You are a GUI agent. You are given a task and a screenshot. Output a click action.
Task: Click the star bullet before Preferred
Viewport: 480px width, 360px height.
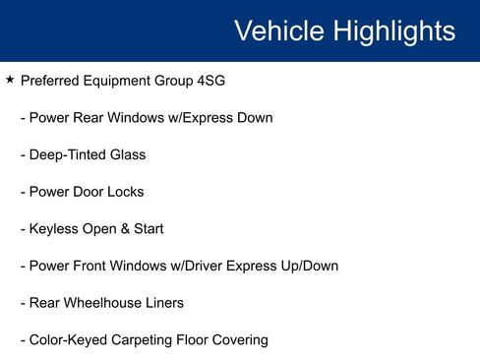[10, 80]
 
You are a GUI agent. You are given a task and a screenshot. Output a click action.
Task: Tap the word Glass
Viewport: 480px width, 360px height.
[127, 154]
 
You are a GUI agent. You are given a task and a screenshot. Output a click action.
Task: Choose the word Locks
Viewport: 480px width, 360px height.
[124, 192]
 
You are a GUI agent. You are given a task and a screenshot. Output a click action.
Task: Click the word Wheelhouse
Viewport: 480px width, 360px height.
[102, 303]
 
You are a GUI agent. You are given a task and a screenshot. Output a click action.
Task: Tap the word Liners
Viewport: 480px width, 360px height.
[163, 303]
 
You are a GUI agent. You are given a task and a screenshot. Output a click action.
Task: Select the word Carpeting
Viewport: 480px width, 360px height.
[144, 340]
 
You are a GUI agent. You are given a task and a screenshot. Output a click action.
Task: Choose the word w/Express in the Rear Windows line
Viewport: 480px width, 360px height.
[192, 118]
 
